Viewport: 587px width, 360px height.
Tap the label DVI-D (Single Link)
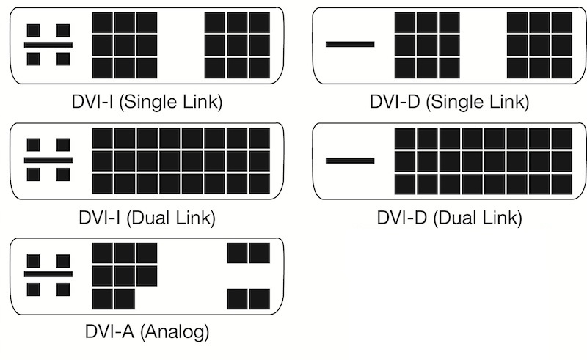pyautogui.click(x=449, y=101)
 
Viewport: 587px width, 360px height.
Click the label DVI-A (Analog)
pyautogui.click(x=147, y=331)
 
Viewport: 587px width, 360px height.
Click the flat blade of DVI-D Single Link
pyautogui.click(x=350, y=44)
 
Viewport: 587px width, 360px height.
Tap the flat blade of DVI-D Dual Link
pyautogui.click(x=350, y=159)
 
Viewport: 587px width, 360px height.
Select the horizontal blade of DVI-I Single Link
pyautogui.click(x=48, y=44)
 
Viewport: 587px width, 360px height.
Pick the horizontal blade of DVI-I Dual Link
pyautogui.click(x=48, y=159)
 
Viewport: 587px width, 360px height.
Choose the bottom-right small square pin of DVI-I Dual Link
pyautogui.click(x=63, y=175)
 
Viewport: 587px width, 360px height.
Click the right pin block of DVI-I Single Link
pyautogui.click(x=236, y=45)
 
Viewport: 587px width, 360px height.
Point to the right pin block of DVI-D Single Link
pyautogui.click(x=539, y=45)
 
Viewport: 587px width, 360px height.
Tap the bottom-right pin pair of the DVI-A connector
pyautogui.click(x=248, y=299)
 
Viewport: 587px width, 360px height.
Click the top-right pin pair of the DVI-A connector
pyautogui.click(x=248, y=253)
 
